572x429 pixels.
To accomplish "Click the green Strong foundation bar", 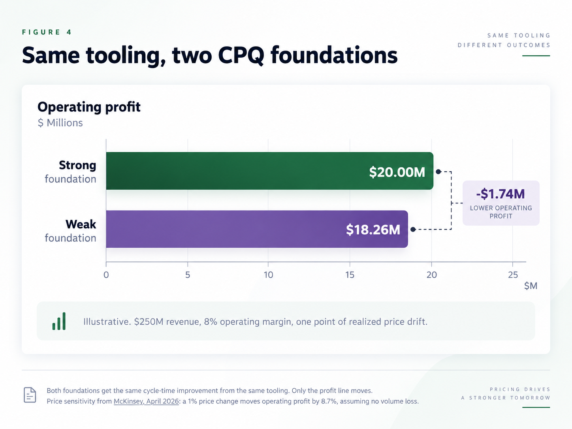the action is coord(270,171).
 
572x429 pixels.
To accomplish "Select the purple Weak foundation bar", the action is coord(257,229).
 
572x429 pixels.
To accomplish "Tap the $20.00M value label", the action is coord(397,172).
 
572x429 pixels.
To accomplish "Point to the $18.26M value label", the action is coord(373,230).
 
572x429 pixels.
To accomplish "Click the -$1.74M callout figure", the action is coord(500,194).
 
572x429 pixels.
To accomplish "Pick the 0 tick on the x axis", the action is coord(106,275).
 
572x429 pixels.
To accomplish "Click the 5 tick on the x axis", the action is coord(188,275).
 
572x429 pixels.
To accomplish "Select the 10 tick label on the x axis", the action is coord(268,275).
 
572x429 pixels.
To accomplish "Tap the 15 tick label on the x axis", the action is coord(350,275).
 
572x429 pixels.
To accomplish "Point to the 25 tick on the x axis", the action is coord(513,275).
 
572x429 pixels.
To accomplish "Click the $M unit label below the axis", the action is coord(531,286).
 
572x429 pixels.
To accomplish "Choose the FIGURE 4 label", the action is coord(47,32).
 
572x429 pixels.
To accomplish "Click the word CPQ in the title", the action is coord(241,55).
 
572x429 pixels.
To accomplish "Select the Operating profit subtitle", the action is coord(89,107).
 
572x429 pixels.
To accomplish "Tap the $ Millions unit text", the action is coord(60,123).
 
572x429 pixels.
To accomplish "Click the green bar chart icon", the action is coord(59,321).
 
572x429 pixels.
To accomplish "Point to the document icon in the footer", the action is coord(30,395).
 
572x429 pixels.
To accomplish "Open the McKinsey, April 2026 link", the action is coord(146,401).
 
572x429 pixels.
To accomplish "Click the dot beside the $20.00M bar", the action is coord(438,172).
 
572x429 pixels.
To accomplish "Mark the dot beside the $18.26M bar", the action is coord(413,230).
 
